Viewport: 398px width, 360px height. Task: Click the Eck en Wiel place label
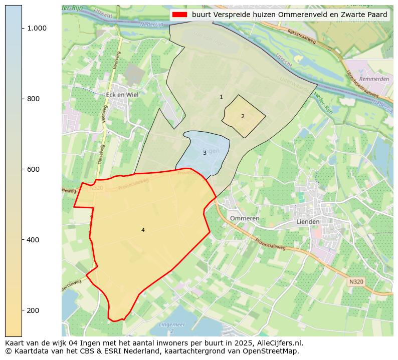(122, 94)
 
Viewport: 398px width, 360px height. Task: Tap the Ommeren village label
(245, 218)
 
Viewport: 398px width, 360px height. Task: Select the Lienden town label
(308, 221)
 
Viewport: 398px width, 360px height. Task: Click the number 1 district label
(221, 97)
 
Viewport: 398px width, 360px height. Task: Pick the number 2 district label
(243, 116)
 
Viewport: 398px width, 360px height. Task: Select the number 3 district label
(205, 153)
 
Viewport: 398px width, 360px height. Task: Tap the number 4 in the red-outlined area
(143, 230)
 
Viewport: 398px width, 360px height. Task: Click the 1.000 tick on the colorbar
(37, 28)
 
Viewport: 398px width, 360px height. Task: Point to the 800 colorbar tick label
(34, 99)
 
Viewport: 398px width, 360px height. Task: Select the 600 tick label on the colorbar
(34, 169)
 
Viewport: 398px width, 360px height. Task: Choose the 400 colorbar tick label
(34, 240)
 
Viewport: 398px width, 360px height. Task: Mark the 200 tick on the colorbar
(34, 310)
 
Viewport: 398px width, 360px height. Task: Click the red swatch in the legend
(179, 15)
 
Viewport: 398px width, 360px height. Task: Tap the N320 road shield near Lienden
(355, 282)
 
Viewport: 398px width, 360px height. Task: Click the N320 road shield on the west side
(96, 188)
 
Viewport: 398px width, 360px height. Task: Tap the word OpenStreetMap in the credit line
(271, 351)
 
